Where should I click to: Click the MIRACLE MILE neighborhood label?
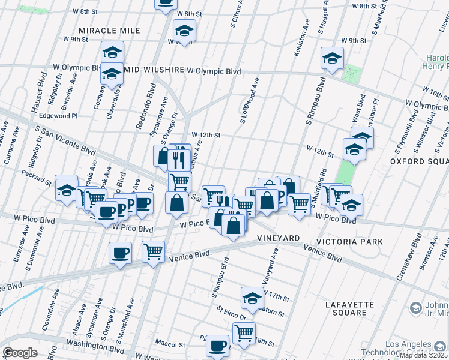[109, 31]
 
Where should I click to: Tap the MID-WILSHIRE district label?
[154, 70]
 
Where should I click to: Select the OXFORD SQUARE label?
[419, 162]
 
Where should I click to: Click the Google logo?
[20, 352]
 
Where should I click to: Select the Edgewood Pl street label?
[58, 116]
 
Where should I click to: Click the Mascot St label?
[172, 345]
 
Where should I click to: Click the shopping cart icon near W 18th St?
[244, 332]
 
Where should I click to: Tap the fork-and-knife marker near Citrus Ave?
[178, 158]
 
